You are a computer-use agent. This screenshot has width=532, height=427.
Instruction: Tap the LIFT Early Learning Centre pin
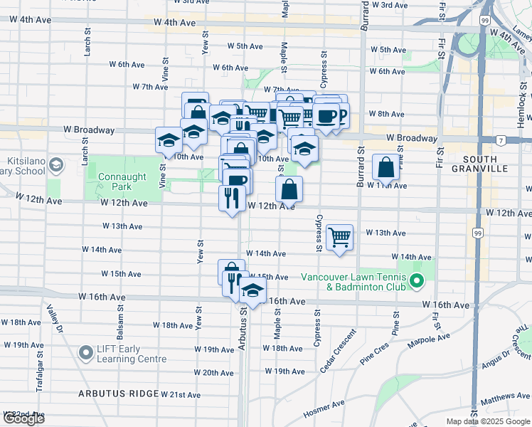pyautogui.click(x=87, y=352)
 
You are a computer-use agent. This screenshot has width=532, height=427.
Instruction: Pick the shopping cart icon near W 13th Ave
pyautogui.click(x=340, y=237)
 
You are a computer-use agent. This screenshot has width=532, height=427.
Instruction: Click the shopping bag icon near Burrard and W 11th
pyautogui.click(x=385, y=168)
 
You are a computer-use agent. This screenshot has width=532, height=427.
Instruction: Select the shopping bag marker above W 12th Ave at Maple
pyautogui.click(x=289, y=189)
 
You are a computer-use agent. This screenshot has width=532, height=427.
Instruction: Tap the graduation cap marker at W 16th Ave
pyautogui.click(x=252, y=290)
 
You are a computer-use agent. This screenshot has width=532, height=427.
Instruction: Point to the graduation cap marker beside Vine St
pyautogui.click(x=169, y=139)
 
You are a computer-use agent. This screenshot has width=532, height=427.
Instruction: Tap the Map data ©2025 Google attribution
pyautogui.click(x=488, y=421)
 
